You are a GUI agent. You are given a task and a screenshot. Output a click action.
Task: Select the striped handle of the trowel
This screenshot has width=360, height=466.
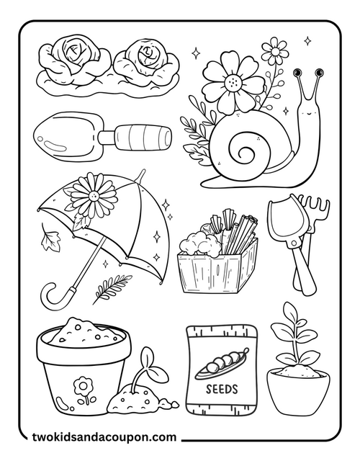[144, 135]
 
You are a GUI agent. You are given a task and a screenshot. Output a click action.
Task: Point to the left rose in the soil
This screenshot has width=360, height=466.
[71, 55]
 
